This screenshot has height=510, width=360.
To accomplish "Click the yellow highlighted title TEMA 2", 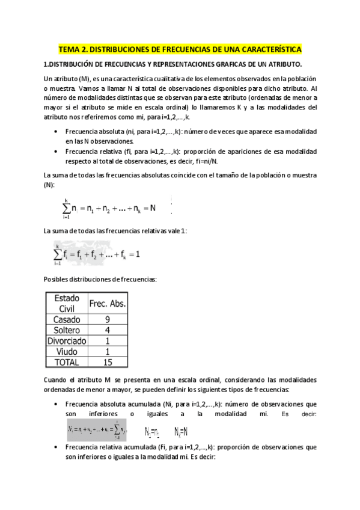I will click(x=180, y=49).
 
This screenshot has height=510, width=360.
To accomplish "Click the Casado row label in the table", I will click(x=66, y=319).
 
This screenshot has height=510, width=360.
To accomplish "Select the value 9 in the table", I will click(x=107, y=319).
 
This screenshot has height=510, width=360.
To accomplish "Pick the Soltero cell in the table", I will click(x=66, y=330).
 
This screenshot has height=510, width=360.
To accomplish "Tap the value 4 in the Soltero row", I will click(x=107, y=330).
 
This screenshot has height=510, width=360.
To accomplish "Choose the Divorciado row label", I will click(x=66, y=340).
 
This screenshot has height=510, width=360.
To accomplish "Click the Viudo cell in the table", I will click(x=66, y=351).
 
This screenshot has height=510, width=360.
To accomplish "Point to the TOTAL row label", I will click(x=66, y=362).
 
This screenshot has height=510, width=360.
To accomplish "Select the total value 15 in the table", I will click(x=107, y=362).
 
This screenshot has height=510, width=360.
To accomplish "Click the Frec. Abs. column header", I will click(x=107, y=303).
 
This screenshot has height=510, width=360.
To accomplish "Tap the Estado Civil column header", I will click(x=66, y=303).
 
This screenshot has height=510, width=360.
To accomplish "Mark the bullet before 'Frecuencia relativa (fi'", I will click(x=56, y=152).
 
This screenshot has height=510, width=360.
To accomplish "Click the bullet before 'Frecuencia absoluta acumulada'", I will click(x=56, y=404).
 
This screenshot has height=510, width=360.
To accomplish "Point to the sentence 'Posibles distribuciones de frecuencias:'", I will click(x=100, y=279).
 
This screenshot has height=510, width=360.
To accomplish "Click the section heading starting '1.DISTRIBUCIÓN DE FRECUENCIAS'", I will click(x=172, y=64).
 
